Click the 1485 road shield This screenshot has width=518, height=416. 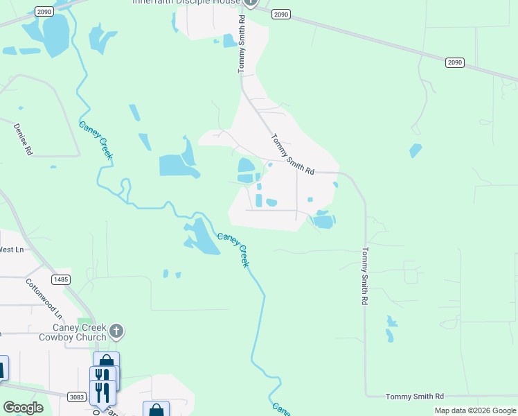tap(60, 279)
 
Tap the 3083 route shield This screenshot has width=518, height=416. tap(78, 397)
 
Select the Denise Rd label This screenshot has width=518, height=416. tap(23, 139)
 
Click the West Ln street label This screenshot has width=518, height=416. tap(12, 250)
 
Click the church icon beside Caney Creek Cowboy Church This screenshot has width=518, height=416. tap(116, 331)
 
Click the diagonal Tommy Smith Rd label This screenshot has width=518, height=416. tap(292, 154)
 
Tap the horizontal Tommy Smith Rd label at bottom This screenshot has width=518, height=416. tap(415, 396)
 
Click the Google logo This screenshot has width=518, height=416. tap(23, 408)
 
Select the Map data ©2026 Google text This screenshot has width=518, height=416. tap(475, 410)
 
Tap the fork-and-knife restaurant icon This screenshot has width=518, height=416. tap(101, 392)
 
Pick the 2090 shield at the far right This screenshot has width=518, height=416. tap(454, 62)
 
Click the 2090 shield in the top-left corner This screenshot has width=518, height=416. tap(44, 12)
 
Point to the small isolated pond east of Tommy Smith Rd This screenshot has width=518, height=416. tap(416, 150)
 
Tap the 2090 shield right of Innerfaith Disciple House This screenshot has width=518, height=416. tap(280, 14)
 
